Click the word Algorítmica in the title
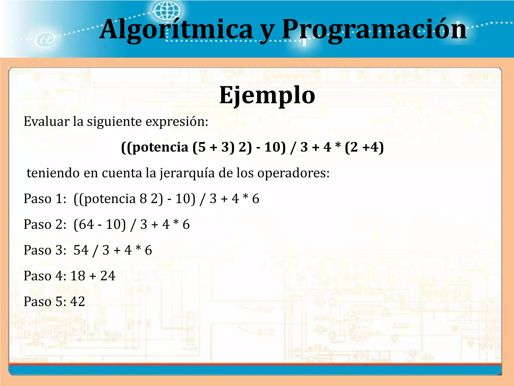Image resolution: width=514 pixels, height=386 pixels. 176,30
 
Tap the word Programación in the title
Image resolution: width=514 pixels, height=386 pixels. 374,30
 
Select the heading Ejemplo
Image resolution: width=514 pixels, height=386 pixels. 267,95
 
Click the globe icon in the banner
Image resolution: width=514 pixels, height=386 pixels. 167,11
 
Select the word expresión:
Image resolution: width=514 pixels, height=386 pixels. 177,121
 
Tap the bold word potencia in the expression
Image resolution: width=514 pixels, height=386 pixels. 160,147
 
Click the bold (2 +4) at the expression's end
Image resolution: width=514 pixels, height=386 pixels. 364,147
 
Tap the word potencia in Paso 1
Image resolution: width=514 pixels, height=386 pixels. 110,199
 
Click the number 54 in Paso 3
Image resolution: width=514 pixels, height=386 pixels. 81,250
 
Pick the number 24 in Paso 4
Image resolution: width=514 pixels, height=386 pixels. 108,276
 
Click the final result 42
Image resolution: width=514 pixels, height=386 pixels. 78,301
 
